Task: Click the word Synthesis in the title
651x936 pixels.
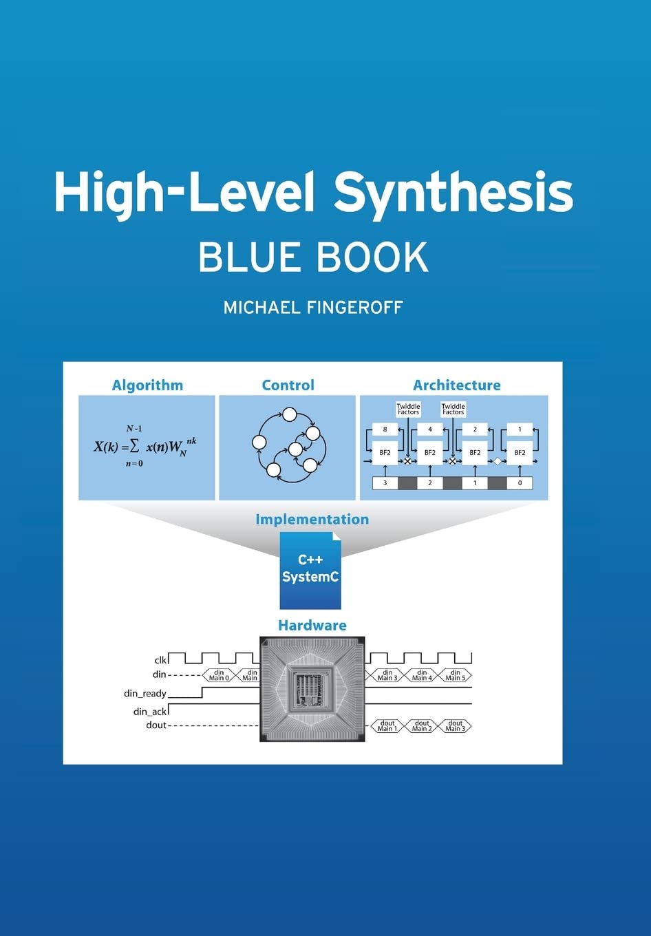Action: pos(453,193)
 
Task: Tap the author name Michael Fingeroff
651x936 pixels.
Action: pos(313,307)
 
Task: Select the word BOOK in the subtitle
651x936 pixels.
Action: pos(372,257)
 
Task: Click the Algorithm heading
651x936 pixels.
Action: pos(147,385)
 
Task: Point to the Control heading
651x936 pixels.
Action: pos(288,385)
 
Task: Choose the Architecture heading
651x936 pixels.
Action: pos(456,385)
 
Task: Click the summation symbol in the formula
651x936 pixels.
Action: pos(134,446)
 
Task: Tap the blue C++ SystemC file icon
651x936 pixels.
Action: pos(310,571)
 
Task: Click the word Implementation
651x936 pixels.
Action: pos(312,519)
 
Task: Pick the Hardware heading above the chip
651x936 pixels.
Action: pos(312,625)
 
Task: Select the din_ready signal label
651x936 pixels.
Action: pos(145,693)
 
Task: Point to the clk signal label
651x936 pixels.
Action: pos(161,660)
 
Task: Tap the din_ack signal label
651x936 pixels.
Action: pos(150,711)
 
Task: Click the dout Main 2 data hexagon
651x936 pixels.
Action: pos(422,726)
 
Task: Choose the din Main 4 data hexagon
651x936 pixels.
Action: pos(422,675)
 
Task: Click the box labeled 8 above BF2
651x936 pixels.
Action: pos(385,429)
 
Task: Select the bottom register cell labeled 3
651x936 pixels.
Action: pos(385,483)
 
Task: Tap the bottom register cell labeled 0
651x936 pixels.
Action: pos(520,483)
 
